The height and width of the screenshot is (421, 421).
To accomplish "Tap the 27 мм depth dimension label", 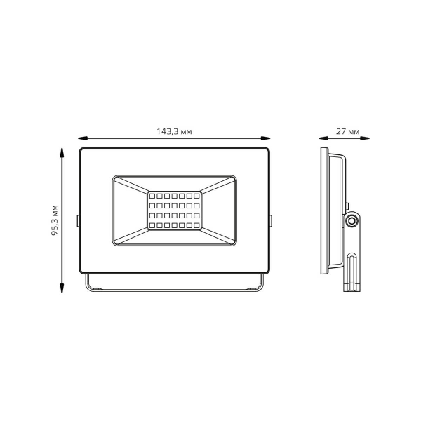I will (348, 131).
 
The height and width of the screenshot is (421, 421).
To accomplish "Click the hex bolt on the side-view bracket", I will (353, 221).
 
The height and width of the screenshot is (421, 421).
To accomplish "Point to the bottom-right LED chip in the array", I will (198, 227).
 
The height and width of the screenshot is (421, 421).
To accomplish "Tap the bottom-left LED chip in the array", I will (151, 227).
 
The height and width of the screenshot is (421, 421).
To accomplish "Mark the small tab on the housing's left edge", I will (78, 220).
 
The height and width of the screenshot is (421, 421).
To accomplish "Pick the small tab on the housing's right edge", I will (271, 220).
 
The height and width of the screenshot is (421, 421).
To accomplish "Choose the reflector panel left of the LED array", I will (130, 210).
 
